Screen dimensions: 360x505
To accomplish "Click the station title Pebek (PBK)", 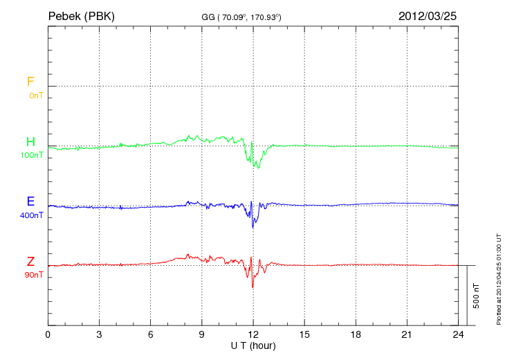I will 81,15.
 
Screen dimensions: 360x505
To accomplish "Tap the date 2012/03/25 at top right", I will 428,15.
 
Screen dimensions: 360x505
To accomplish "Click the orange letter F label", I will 30,82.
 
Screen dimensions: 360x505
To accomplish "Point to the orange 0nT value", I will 36,95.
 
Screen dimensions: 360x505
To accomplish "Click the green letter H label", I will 30,143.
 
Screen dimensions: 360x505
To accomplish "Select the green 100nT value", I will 32,155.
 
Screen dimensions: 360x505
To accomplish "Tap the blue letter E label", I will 30,202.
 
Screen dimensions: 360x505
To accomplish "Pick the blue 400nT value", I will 32,215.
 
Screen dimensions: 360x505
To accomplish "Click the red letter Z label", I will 30,262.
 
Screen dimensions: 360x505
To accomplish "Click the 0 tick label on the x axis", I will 48,334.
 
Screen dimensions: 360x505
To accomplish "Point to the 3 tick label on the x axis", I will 99,334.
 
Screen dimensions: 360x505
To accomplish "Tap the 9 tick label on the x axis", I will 202,334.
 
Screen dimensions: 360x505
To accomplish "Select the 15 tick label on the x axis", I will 304,334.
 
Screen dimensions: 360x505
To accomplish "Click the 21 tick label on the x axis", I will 407,334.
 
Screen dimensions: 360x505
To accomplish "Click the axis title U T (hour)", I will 253,345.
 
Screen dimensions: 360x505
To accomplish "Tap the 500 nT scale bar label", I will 477,295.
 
